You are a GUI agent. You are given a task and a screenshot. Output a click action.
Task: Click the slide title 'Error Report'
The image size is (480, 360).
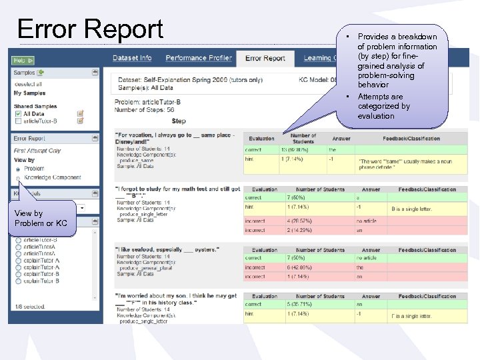(x=91, y=29)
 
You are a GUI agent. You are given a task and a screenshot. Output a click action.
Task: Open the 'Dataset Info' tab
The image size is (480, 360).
(x=132, y=58)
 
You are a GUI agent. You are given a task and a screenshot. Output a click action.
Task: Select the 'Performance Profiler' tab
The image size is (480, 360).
(x=199, y=58)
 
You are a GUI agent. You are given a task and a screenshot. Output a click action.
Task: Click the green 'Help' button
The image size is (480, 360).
(x=23, y=61)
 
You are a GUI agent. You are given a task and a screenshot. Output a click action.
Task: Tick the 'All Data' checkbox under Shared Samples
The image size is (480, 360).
(x=18, y=114)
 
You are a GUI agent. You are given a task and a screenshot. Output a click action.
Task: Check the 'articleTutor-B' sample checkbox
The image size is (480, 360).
(x=18, y=121)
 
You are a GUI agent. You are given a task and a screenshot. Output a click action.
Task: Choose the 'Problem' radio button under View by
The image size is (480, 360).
(x=17, y=169)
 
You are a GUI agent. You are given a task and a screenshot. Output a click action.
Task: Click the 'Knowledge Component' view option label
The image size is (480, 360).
(x=53, y=178)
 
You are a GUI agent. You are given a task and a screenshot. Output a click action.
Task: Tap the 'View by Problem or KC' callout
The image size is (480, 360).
(x=41, y=218)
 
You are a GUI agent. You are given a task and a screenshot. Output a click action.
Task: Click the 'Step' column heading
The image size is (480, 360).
(x=179, y=121)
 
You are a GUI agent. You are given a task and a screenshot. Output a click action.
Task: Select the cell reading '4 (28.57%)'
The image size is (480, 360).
(x=299, y=221)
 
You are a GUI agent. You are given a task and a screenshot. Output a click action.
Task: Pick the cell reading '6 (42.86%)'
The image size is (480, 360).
(x=301, y=267)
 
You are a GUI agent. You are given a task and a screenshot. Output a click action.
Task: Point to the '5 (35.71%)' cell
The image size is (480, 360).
(x=300, y=305)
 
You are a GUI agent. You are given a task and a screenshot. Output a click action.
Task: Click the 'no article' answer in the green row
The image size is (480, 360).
(x=367, y=258)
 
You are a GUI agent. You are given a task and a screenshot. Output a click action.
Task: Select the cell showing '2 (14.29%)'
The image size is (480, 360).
(x=299, y=230)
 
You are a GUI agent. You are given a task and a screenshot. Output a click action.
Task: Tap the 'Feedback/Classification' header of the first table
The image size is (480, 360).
(x=411, y=139)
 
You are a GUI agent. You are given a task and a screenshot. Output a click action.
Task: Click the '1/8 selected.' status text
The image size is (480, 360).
(x=29, y=307)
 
